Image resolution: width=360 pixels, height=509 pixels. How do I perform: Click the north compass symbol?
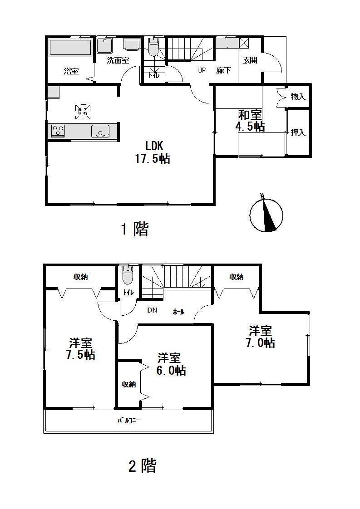coord(266,214)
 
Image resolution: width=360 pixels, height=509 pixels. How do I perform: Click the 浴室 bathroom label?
coord(71,71)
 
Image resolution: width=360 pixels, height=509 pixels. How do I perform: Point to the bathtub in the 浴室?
coord(70,48)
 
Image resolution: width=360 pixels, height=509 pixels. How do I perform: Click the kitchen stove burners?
coord(58,131)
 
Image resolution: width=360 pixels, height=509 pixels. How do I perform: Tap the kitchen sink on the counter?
coord(100,131)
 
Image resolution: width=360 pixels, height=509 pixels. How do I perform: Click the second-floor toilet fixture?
coord(128,274)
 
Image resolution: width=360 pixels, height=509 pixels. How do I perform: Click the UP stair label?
coord(202,70)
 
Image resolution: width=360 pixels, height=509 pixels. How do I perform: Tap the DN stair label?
coord(152,311)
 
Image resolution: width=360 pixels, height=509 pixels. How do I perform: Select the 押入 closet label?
coord(298,132)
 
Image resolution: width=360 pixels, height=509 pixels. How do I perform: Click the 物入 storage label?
coord(298,96)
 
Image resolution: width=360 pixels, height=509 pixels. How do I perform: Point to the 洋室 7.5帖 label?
coord(80,348)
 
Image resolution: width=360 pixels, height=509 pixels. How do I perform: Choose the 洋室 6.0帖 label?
coord(171,364)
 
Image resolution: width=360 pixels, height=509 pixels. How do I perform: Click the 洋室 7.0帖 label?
coord(261,336)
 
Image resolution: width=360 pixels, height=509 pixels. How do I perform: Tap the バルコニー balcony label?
coord(128,421)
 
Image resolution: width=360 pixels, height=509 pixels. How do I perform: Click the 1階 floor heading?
coord(134,230)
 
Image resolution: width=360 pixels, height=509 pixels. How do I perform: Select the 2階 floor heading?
coord(143,466)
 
